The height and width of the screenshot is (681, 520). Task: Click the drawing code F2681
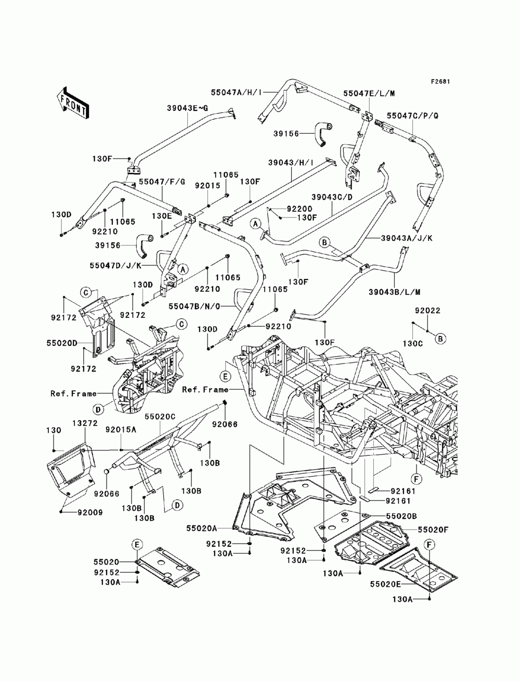440,82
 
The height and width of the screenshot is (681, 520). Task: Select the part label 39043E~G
188,108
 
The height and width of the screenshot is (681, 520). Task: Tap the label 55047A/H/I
236,92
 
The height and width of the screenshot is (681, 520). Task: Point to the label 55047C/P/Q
412,116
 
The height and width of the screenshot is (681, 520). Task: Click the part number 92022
427,311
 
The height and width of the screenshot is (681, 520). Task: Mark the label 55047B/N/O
194,306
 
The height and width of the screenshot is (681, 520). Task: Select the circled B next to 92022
440,339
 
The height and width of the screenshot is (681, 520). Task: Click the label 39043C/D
332,197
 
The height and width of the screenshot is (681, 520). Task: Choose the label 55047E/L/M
369,94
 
